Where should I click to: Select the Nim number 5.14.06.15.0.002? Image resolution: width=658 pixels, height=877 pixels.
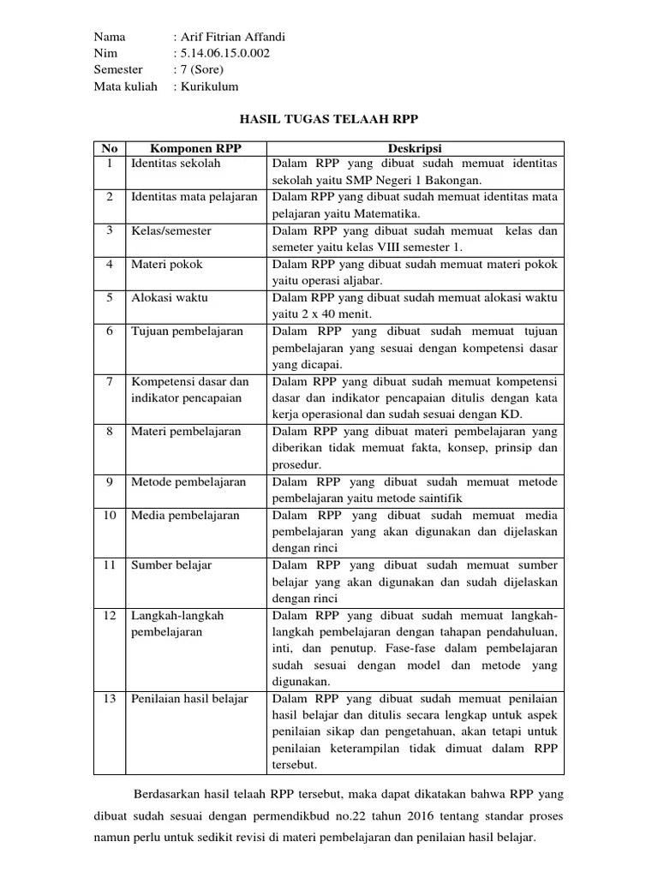pos(227,53)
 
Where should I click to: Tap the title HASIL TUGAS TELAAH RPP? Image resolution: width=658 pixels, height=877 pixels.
pos(328,119)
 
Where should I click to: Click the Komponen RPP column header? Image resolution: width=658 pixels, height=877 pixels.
pos(196,147)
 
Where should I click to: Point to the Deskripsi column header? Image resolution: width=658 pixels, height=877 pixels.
pos(415,147)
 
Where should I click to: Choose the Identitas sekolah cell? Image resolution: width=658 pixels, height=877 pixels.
pos(176,163)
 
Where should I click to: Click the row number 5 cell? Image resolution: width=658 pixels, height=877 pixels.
pos(110,298)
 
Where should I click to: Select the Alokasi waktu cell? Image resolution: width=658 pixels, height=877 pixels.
pos(170,298)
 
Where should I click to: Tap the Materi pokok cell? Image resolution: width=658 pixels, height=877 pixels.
pos(167,265)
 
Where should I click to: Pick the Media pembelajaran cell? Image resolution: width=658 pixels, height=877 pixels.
pos(185,516)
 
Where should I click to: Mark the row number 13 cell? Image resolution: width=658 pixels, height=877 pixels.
pos(110,699)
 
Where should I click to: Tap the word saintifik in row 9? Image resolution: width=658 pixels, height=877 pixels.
pos(442,498)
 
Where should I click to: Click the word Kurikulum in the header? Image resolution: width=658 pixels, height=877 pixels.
pos(208,87)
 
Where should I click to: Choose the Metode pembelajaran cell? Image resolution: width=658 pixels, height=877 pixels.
pos(188,482)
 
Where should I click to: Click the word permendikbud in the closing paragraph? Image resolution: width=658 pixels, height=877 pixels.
pos(289,816)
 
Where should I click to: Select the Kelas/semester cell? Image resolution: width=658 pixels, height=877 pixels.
pos(171,231)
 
